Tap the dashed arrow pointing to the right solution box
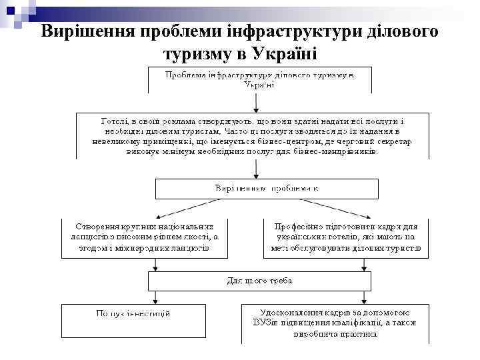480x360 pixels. click(x=329, y=208)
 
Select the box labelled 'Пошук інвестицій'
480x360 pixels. click(x=133, y=323)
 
